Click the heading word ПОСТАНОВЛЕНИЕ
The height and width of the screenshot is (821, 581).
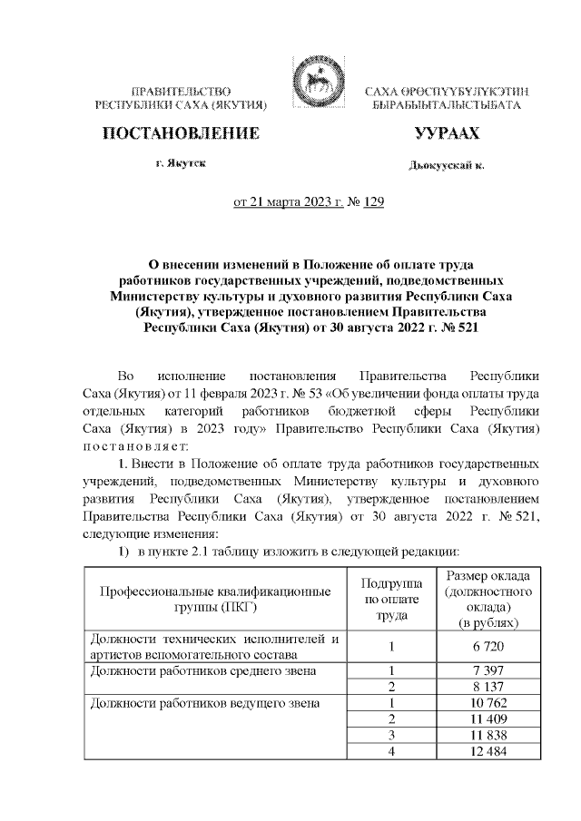point(181,134)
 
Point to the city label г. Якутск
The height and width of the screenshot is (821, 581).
point(180,165)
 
